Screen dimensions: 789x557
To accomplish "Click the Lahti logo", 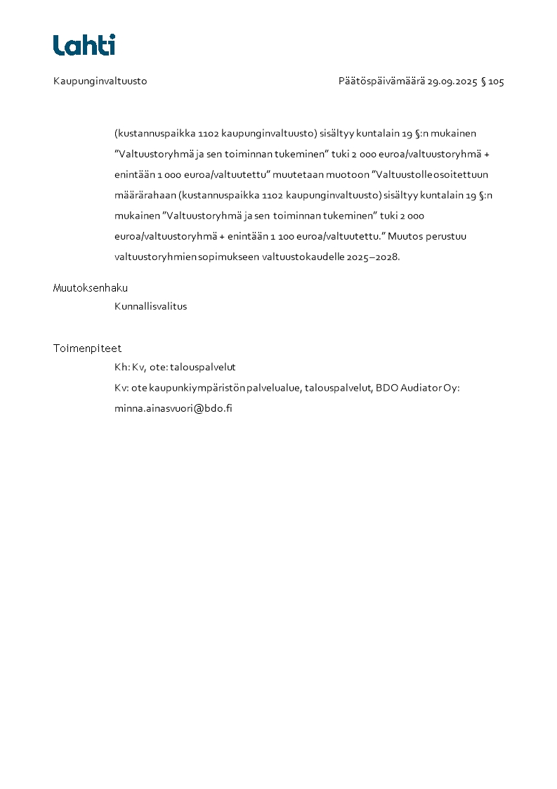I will click(x=84, y=45).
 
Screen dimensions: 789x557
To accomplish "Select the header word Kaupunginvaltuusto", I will click(x=100, y=81).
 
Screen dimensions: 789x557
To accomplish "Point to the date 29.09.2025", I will click(x=452, y=81).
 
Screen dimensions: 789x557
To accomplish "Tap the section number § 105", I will click(x=492, y=81).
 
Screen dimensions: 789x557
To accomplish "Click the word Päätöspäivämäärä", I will click(x=381, y=81).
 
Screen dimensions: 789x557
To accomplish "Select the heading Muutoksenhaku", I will click(x=90, y=288).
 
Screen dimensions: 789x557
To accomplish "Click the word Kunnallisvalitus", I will click(x=150, y=306).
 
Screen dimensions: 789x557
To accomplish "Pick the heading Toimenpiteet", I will click(x=87, y=348).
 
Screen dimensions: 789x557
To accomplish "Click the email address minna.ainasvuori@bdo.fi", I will click(x=173, y=408).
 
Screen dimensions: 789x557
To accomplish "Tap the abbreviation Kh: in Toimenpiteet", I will click(x=122, y=367).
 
